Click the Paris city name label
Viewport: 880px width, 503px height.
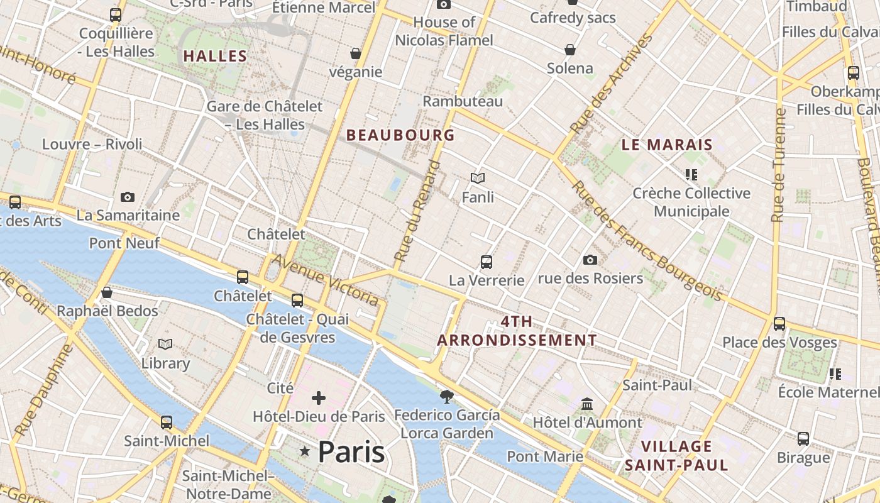[351, 451]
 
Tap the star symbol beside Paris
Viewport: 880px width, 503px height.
[305, 451]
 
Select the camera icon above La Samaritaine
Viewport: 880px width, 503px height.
[128, 197]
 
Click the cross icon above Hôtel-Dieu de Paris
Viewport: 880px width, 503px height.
[319, 398]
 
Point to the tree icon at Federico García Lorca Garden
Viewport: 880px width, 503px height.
[447, 396]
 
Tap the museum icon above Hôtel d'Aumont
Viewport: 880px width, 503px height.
[587, 404]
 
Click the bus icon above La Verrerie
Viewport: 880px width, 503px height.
[487, 262]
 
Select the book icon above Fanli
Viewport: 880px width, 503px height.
[478, 179]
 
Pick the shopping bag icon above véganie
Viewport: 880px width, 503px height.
[356, 53]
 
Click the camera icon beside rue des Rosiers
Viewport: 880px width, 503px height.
[590, 260]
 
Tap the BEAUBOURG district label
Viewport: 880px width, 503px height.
[400, 135]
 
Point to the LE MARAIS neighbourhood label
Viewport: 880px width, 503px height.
[667, 145]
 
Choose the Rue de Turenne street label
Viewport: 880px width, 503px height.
[779, 165]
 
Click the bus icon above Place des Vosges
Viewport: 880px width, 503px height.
[779, 324]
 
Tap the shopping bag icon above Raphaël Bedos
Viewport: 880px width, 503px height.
[107, 293]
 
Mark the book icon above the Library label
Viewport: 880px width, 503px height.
[165, 345]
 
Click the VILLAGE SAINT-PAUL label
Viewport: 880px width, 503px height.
[676, 456]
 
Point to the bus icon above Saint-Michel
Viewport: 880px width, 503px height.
[167, 423]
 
